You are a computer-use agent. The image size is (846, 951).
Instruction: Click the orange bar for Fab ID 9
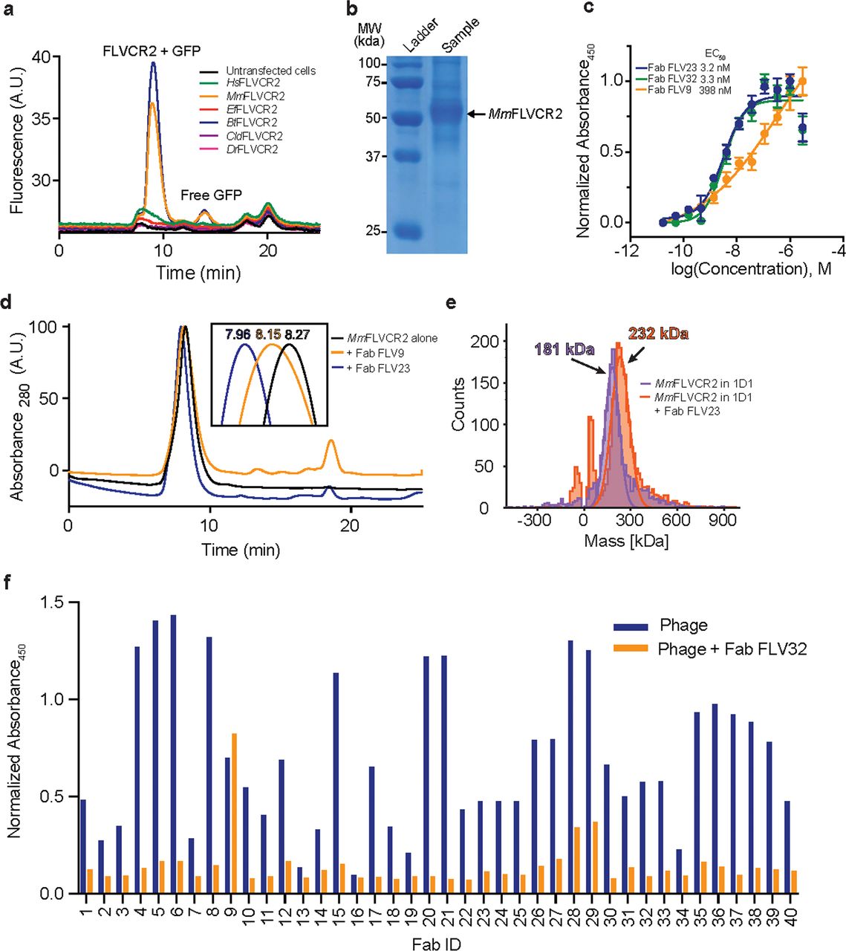point(235,813)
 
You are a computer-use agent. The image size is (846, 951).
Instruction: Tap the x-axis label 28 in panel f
point(570,917)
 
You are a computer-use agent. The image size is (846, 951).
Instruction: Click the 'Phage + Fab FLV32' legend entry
point(732,649)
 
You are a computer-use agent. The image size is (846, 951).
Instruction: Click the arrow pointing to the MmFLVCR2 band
point(476,114)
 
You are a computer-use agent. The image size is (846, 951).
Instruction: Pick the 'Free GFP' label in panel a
point(212,195)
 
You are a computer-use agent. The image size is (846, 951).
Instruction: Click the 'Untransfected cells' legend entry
point(270,71)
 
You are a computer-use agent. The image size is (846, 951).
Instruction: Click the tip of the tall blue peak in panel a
point(154,63)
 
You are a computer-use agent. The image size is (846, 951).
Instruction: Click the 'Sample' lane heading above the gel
point(459,35)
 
